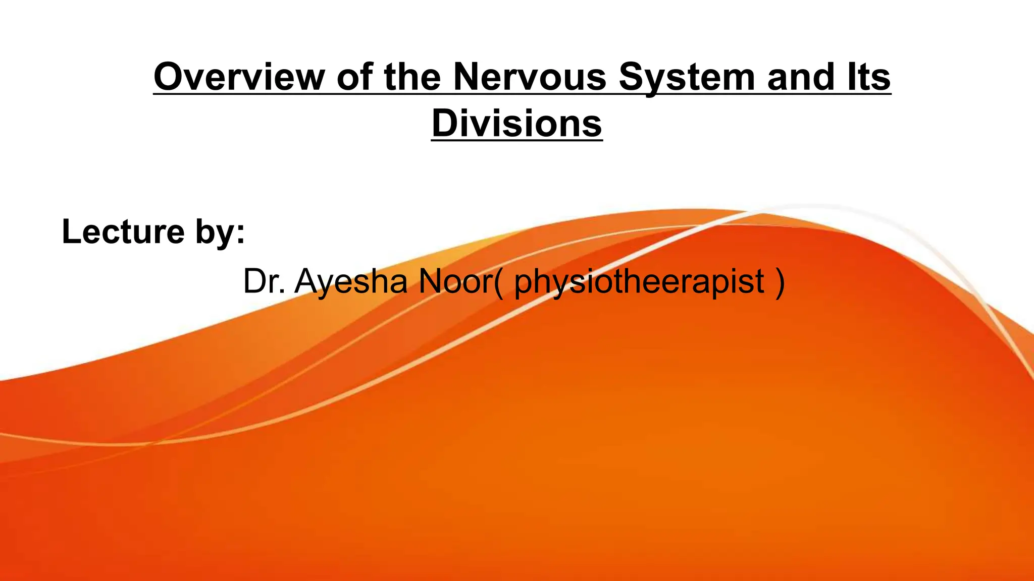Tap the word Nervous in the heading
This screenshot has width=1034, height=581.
click(529, 77)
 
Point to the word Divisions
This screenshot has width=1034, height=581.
click(517, 124)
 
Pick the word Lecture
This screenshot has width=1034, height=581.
click(123, 231)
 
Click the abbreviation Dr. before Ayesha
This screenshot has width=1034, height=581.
click(264, 281)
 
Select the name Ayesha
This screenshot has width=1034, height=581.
click(351, 281)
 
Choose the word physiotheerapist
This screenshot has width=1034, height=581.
click(639, 282)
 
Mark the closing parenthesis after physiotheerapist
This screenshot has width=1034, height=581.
click(780, 282)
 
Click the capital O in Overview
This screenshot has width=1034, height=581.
click(168, 77)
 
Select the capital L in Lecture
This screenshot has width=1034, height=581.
click(70, 231)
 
